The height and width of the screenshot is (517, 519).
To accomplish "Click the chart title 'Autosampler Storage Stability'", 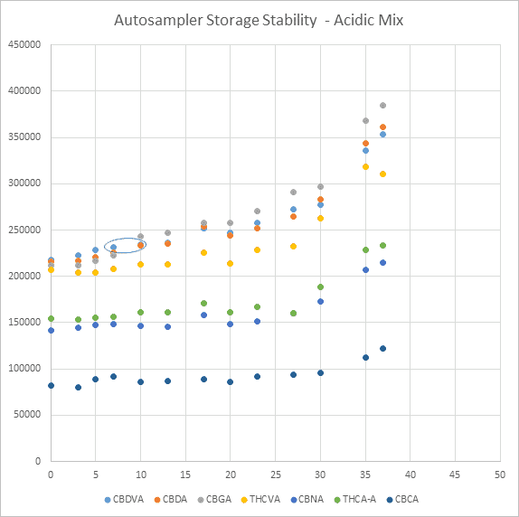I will coord(259,19).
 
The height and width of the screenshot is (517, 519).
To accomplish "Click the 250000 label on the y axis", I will coord(24,230).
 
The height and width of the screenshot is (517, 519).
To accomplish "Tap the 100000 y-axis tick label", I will coord(24,369).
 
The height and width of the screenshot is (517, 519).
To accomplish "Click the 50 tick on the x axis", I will coord(499,475).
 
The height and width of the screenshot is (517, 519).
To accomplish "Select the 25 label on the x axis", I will coord(275,475).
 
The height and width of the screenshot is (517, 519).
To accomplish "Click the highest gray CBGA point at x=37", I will coord(382,106).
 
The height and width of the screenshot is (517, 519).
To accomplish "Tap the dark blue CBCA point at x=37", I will coord(382,349).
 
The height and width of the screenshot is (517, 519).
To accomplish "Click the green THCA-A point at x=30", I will coord(320,287).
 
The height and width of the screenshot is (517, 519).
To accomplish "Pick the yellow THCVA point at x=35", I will coord(365,166).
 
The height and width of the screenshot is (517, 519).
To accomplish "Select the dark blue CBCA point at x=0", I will coord(51,386).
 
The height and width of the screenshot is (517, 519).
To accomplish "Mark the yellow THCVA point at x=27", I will coord(293,246).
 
